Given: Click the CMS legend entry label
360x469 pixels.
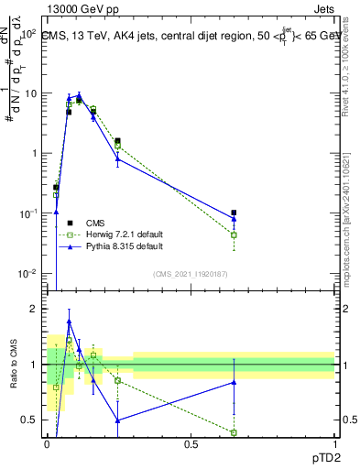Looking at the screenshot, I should pyautogui.click(x=96, y=223).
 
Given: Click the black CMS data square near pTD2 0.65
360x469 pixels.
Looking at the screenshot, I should pyautogui.click(x=235, y=213).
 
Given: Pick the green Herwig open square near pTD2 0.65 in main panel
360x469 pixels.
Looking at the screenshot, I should pyautogui.click(x=235, y=235).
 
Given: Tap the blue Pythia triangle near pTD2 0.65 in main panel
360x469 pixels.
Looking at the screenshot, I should pyautogui.click(x=235, y=219).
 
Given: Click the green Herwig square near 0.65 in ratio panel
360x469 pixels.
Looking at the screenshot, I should pyautogui.click(x=235, y=432).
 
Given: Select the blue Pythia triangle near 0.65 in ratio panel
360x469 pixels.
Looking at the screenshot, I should pyautogui.click(x=235, y=382).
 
